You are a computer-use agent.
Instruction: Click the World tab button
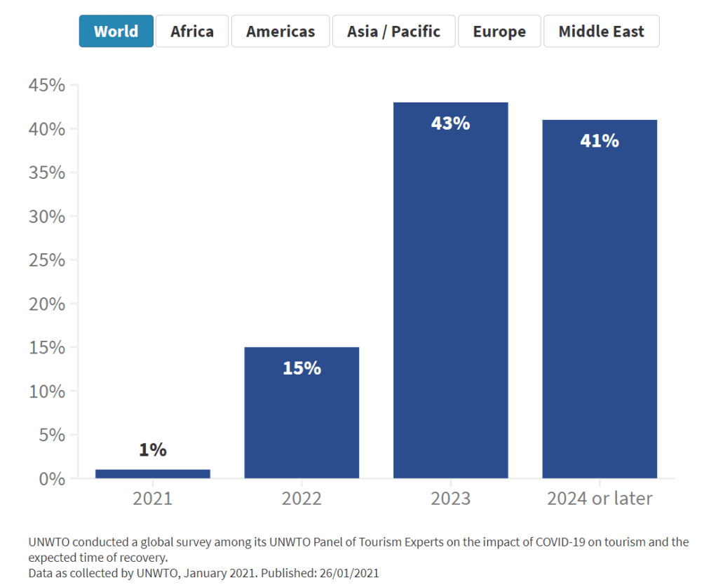pyautogui.click(x=116, y=32)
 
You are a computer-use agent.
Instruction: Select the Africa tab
pyautogui.click(x=192, y=32)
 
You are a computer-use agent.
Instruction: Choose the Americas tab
pyautogui.click(x=280, y=32)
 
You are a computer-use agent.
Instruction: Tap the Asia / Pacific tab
pyautogui.click(x=393, y=32)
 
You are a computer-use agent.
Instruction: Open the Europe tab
pyautogui.click(x=499, y=32)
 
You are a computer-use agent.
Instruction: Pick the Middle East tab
pyautogui.click(x=601, y=32)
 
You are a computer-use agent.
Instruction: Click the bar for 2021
pyautogui.click(x=153, y=474)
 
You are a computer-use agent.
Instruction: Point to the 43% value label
pyautogui.click(x=451, y=123)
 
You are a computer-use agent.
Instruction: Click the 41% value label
pyautogui.click(x=600, y=141)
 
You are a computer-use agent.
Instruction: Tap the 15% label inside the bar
pyautogui.click(x=302, y=367)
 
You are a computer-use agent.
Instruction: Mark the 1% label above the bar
pyautogui.click(x=153, y=450)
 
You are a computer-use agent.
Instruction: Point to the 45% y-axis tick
pyautogui.click(x=47, y=86)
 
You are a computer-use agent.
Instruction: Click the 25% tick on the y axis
pyautogui.click(x=47, y=260)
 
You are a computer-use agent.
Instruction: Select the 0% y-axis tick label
pyautogui.click(x=51, y=479)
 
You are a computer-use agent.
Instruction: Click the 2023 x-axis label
pyautogui.click(x=451, y=499)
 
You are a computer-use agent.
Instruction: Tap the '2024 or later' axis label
pyautogui.click(x=600, y=499)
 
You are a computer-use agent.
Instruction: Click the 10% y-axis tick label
pyautogui.click(x=47, y=391)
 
